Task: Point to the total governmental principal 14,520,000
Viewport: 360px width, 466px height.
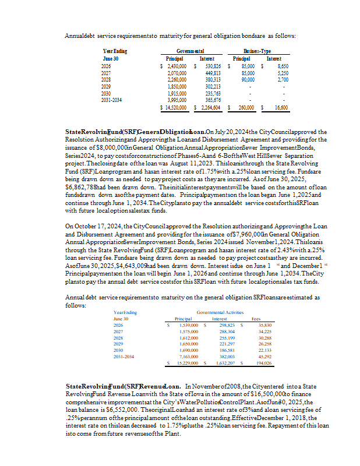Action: [174, 107]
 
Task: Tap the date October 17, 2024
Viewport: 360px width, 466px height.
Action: [93, 226]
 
